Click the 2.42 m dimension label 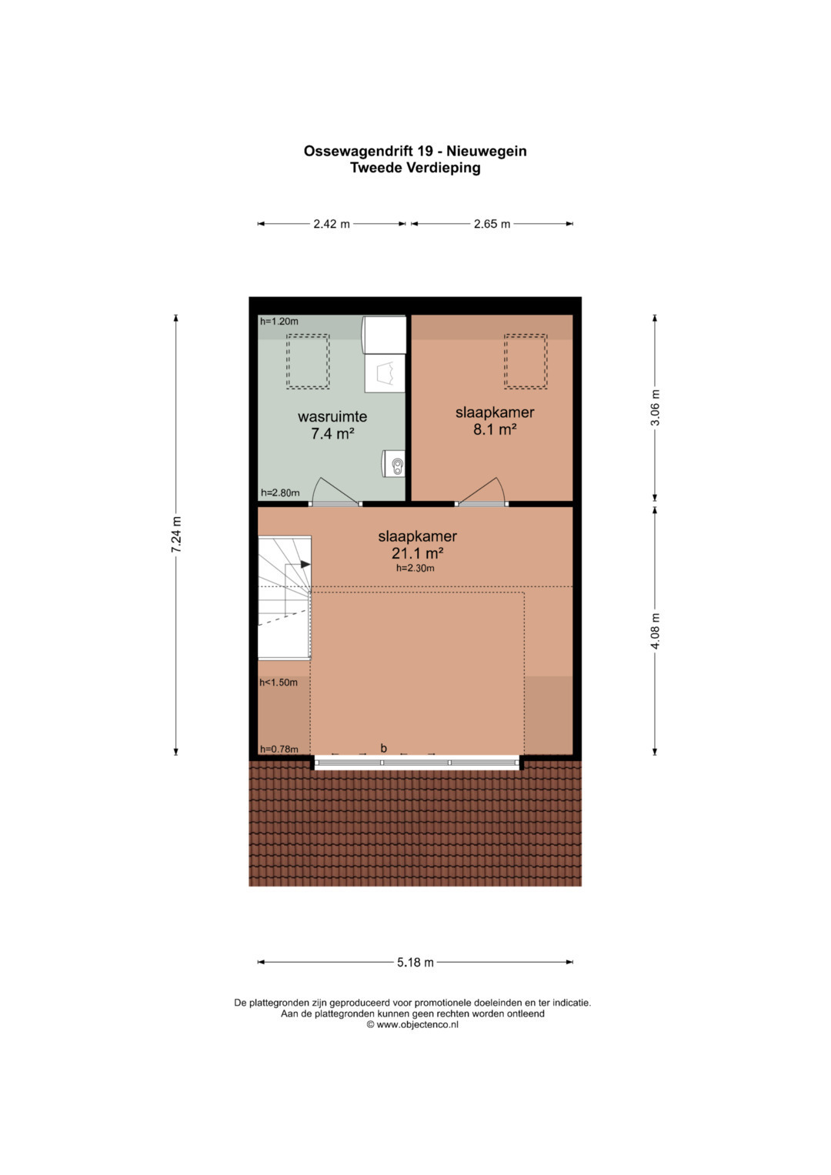[331, 224]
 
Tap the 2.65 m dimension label [492, 224]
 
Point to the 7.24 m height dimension [176, 534]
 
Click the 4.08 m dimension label [655, 630]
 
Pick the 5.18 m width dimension [415, 962]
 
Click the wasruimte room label [332, 416]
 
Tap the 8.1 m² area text [495, 429]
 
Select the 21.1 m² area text [418, 553]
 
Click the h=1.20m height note [279, 321]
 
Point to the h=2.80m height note [280, 492]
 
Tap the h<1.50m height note [278, 683]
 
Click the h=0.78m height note [279, 749]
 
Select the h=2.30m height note [415, 568]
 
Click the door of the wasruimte [335, 503]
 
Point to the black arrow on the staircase [305, 564]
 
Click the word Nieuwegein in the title [487, 151]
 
